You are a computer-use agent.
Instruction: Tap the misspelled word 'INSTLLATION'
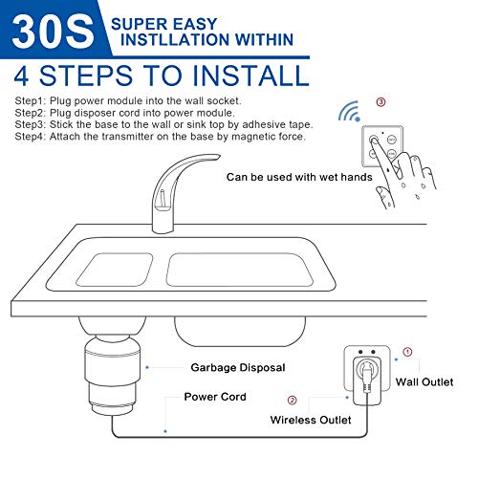click(x=164, y=40)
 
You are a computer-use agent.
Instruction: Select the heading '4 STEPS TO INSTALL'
click(x=162, y=75)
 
